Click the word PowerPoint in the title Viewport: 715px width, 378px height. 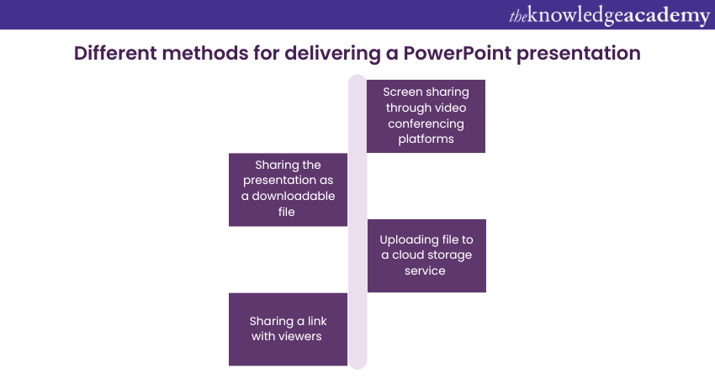click(457, 53)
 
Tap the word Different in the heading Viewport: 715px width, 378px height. click(115, 53)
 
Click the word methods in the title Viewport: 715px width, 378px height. click(205, 53)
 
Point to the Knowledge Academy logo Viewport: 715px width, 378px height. click(609, 15)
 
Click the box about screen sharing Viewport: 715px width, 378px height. click(426, 116)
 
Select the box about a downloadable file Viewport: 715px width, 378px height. click(288, 190)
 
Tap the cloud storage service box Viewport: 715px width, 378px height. click(426, 255)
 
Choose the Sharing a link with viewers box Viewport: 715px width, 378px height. click(288, 329)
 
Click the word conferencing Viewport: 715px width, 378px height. click(426, 123)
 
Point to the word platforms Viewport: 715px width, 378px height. click(426, 139)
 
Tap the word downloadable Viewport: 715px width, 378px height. click(294, 196)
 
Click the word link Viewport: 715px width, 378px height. click(317, 321)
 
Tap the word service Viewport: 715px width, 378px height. click(425, 271)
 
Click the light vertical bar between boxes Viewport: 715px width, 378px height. click(357, 222)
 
